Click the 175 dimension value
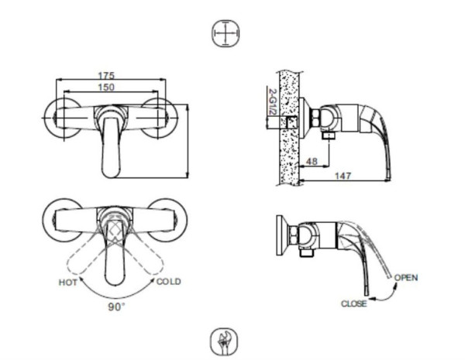point(106,76)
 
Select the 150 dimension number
point(106,87)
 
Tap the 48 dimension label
point(312,162)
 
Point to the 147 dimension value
point(343,176)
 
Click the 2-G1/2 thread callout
point(272,101)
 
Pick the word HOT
point(68,283)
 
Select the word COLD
point(168,282)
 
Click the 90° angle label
point(116,307)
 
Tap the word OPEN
point(406,278)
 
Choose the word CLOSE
point(354,303)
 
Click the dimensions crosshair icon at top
point(226,33)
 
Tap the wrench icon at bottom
point(225,342)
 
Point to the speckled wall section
point(288,128)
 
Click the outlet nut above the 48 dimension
point(329,135)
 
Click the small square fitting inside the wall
point(292,122)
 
